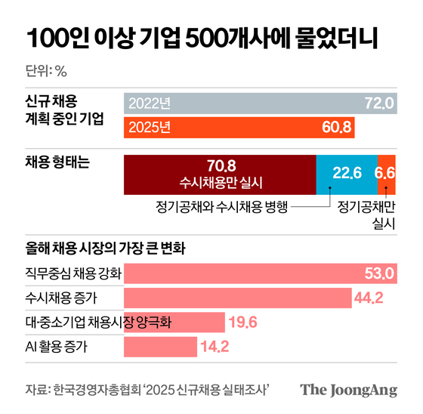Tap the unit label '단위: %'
pyautogui.click(x=46, y=72)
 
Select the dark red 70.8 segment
pyautogui.click(x=219, y=174)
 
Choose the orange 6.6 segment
pyautogui.click(x=385, y=173)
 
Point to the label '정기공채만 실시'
pyautogui.click(x=366, y=215)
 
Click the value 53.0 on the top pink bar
pyautogui.click(x=379, y=273)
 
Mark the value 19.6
pyautogui.click(x=244, y=323)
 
